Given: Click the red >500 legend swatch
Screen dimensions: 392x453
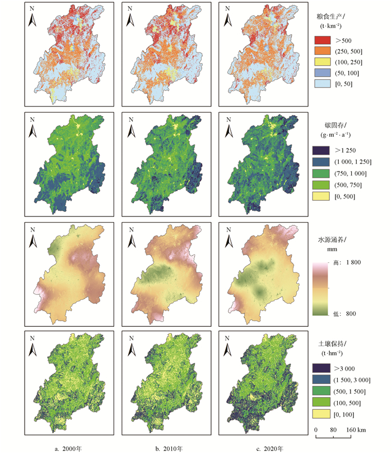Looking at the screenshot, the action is (323, 40).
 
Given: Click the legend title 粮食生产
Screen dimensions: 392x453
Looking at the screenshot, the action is (329, 16).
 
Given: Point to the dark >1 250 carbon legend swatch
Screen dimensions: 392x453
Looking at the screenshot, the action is (321, 150).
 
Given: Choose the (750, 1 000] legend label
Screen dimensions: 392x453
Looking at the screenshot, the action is (351, 173).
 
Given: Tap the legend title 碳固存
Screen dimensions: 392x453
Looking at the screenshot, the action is (334, 125).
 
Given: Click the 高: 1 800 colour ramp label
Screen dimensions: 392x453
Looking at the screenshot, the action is (347, 262).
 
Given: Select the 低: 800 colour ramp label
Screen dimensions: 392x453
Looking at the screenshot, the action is (344, 313).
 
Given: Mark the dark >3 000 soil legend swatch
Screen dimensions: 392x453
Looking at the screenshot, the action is (321, 368).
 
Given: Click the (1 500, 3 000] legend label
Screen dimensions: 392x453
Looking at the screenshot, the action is (352, 380).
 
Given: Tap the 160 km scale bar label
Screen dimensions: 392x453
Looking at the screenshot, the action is (356, 429).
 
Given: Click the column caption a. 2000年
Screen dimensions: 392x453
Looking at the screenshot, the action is (68, 449).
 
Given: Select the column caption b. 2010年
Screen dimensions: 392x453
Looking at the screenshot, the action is (169, 449).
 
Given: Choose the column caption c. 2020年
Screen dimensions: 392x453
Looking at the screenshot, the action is (270, 449).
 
